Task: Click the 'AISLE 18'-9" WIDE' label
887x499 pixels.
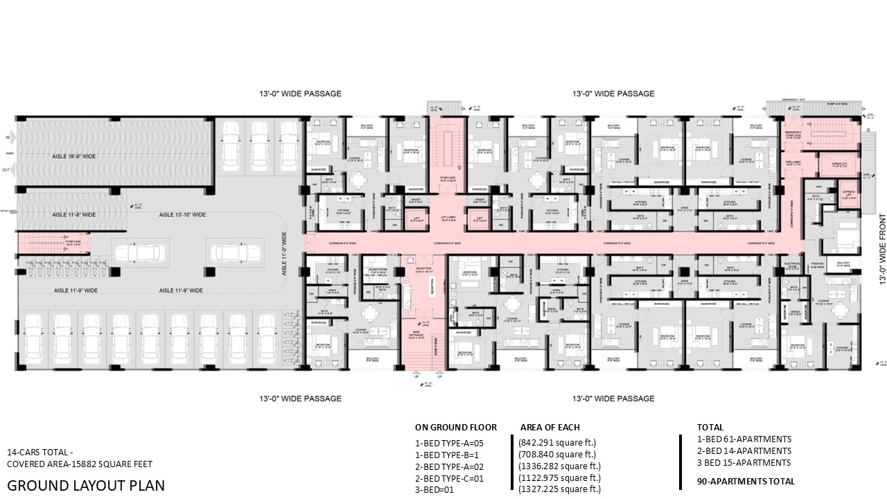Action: click(74, 157)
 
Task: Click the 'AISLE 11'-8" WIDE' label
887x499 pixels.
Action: click(74, 215)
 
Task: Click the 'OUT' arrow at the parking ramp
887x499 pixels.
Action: click(7, 170)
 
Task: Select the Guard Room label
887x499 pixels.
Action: click(378, 271)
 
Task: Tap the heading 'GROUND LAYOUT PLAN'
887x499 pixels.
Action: click(86, 484)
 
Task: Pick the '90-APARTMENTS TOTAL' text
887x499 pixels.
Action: click(746, 481)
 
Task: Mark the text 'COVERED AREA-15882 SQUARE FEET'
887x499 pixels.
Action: click(79, 464)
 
